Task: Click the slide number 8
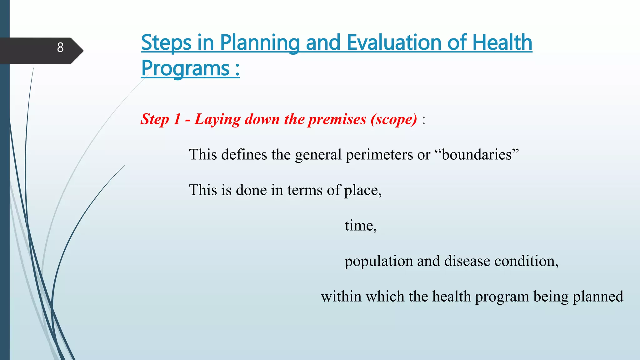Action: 60,47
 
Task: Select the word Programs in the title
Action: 186,68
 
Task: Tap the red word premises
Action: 337,119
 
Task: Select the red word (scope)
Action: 394,119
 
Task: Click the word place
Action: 362,190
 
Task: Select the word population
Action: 378,261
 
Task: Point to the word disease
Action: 467,261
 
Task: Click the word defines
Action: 244,155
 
